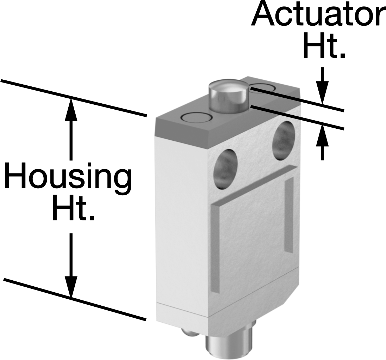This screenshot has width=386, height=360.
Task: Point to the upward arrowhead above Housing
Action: [x=71, y=110]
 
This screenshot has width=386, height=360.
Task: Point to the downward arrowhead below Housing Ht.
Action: [x=71, y=286]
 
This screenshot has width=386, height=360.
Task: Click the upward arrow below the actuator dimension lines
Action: [x=322, y=142]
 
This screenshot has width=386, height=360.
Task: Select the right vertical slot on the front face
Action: [x=289, y=215]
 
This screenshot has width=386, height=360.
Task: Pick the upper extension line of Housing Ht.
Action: [x=74, y=98]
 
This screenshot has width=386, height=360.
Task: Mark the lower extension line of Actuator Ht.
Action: [x=297, y=117]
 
